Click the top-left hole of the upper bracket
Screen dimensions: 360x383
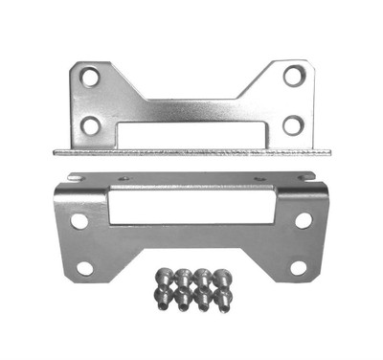click(x=90, y=78)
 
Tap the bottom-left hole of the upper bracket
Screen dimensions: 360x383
click(x=90, y=125)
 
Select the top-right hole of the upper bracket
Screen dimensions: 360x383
click(x=294, y=75)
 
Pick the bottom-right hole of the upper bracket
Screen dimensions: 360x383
click(x=293, y=124)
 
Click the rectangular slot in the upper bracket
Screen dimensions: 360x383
click(x=192, y=131)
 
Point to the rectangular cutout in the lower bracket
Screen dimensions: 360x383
click(x=191, y=206)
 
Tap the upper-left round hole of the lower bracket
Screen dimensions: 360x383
click(x=79, y=221)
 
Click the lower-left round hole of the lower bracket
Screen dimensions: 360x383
click(x=85, y=268)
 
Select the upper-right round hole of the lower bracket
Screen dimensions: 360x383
click(x=304, y=220)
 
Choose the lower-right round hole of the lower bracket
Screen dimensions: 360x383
click(x=299, y=268)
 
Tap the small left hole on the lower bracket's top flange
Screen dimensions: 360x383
click(x=124, y=178)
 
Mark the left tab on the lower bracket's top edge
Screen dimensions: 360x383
click(x=75, y=177)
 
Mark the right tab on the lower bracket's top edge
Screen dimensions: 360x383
click(x=306, y=177)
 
